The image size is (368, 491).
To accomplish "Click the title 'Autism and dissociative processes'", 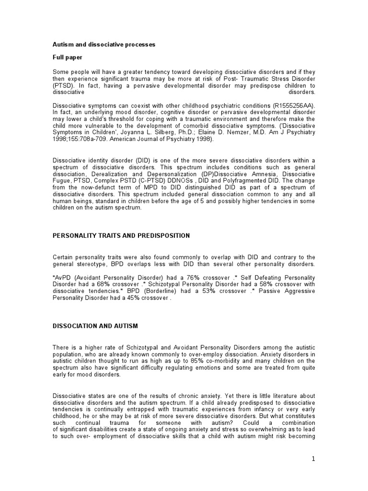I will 103,45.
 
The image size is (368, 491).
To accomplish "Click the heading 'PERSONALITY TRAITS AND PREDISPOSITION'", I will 121,235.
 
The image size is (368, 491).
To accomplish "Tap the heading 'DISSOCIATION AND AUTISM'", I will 95,326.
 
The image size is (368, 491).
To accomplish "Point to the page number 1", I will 313,459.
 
